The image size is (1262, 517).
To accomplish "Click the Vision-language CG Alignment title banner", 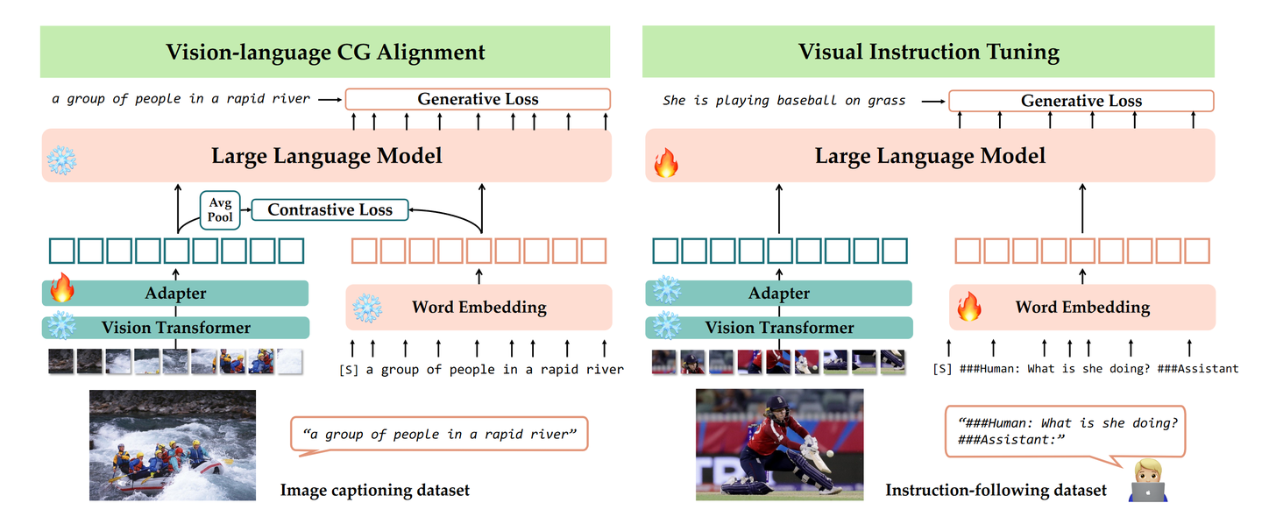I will pyautogui.click(x=325, y=52).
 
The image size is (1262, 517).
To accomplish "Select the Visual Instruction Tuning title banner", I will pyautogui.click(x=928, y=52).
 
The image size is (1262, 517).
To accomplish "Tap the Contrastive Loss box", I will pyautogui.click(x=330, y=209).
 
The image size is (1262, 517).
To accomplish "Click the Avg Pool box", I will pyautogui.click(x=220, y=209).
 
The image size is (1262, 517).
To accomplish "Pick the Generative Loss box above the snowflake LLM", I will pyautogui.click(x=478, y=99).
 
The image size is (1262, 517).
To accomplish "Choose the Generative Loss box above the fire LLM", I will pyautogui.click(x=1081, y=101).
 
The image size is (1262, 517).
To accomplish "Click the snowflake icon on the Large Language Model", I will pyautogui.click(x=61, y=159).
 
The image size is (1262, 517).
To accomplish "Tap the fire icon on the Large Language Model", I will pyautogui.click(x=666, y=161).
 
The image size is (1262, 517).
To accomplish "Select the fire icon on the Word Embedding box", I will pyautogui.click(x=968, y=307).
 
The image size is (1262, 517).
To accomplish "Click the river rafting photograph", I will pyautogui.click(x=173, y=444).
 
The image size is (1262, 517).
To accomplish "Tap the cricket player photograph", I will pyautogui.click(x=778, y=444).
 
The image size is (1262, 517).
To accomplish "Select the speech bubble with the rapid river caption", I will pyautogui.click(x=438, y=434).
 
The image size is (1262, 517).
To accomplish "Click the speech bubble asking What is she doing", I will pyautogui.click(x=1064, y=430).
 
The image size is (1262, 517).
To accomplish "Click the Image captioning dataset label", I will pyautogui.click(x=374, y=490).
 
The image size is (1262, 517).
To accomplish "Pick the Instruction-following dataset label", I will pyautogui.click(x=996, y=490).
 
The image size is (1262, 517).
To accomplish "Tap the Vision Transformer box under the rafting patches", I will pyautogui.click(x=175, y=328).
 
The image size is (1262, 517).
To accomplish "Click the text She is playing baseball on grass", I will pyautogui.click(x=783, y=101).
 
